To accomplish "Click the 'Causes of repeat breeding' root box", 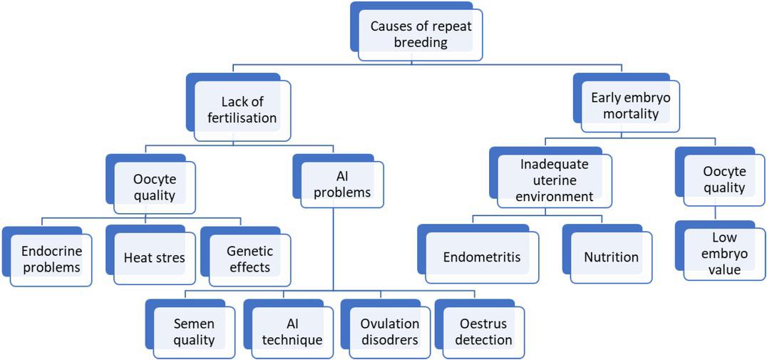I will (420, 34).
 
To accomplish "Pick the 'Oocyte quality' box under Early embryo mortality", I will (724, 180).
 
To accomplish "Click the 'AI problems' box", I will (342, 184).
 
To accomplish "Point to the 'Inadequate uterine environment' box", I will (556, 181).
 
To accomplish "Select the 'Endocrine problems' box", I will (51, 259).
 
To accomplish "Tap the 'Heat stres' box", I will (154, 258).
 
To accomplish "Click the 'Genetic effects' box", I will (249, 259).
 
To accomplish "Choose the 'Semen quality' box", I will (194, 332).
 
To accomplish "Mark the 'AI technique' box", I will (292, 332).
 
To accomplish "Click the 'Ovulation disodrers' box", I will (389, 332).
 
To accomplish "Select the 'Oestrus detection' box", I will (484, 332).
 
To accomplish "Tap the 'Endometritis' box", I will (482, 257).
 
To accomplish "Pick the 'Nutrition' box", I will (611, 257).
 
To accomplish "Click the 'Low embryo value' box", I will (724, 254).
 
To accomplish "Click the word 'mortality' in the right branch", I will (630, 113).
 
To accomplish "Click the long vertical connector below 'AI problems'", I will (334, 250).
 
